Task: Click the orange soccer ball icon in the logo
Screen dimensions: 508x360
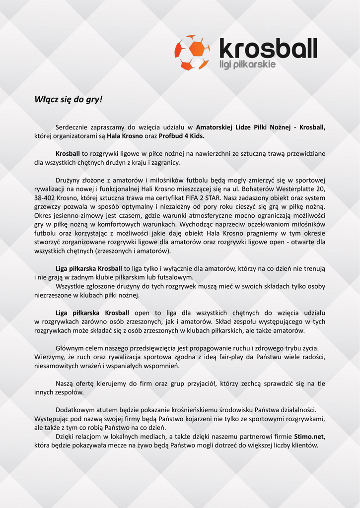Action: (x=192, y=53)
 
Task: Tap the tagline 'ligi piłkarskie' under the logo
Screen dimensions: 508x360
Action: (x=247, y=64)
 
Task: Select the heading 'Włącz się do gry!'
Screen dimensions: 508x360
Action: (x=68, y=99)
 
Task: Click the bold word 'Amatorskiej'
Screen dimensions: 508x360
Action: (x=214, y=127)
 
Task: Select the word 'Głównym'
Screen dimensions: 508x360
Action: (x=70, y=348)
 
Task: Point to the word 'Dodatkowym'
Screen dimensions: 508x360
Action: (x=73, y=410)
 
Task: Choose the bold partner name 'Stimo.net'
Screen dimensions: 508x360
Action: (x=308, y=437)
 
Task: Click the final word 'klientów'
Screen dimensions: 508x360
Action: (x=304, y=445)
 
